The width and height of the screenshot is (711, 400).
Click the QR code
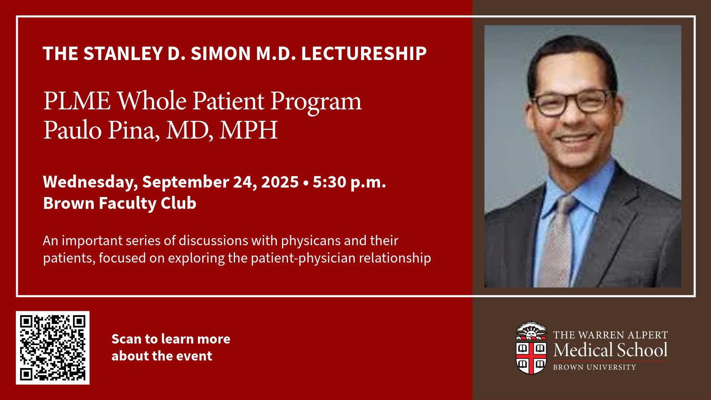point(53,347)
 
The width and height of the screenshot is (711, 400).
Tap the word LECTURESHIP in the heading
point(364,53)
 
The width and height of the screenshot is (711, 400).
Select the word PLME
point(77,101)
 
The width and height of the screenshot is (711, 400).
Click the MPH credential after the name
point(249,130)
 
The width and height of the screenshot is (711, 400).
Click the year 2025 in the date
point(280,182)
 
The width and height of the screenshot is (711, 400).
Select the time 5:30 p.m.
point(349,182)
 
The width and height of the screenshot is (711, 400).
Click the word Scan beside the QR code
point(126,339)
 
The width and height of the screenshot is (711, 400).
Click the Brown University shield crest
point(531,348)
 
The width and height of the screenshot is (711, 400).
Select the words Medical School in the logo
point(610,350)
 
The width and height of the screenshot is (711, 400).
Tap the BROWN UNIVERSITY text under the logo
point(594,367)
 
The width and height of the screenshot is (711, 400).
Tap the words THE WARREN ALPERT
point(610,335)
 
